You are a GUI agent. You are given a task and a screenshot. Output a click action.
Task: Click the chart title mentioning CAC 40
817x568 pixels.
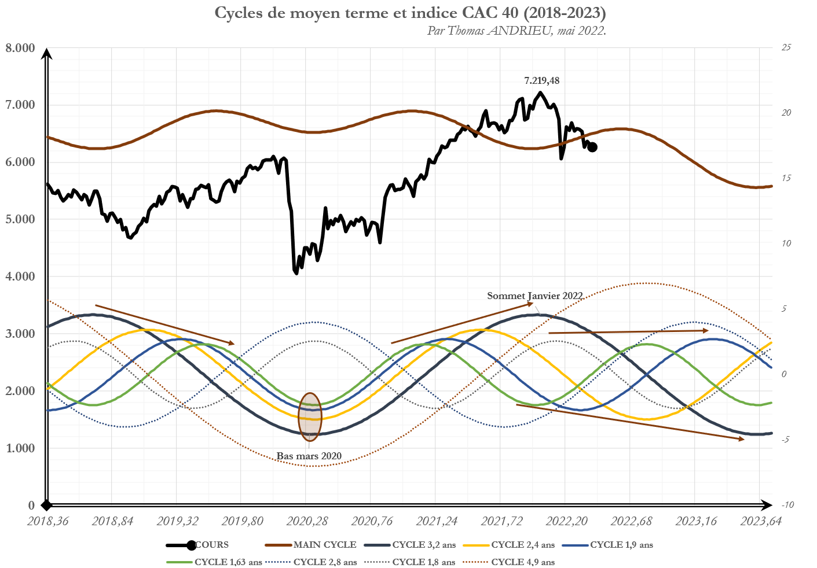point(411,13)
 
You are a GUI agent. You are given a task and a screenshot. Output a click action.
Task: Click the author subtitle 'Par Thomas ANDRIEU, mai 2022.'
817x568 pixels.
point(516,31)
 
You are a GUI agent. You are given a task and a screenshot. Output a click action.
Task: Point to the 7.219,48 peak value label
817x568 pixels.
point(541,81)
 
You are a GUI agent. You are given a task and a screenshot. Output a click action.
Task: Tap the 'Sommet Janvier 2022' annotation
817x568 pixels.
point(534,296)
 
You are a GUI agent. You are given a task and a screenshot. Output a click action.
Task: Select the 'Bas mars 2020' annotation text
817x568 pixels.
point(309,456)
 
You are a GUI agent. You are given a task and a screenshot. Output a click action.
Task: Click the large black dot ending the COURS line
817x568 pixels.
point(592,147)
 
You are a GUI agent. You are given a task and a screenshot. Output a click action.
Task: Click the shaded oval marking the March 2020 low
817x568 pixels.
point(310,416)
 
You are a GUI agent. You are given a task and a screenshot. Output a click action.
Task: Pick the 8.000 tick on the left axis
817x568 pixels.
point(20,48)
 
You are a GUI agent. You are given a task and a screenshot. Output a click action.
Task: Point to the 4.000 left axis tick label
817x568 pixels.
point(20,276)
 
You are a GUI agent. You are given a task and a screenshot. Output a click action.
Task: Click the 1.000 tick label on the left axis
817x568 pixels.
point(20,448)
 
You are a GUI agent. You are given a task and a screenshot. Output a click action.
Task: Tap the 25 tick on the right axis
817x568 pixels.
point(786,47)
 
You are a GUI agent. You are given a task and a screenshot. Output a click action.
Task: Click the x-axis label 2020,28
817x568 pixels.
point(309,521)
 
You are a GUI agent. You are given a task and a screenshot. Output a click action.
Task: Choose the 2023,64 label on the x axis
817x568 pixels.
point(760,521)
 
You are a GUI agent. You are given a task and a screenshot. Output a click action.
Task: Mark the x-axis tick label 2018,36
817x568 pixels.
point(48,521)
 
